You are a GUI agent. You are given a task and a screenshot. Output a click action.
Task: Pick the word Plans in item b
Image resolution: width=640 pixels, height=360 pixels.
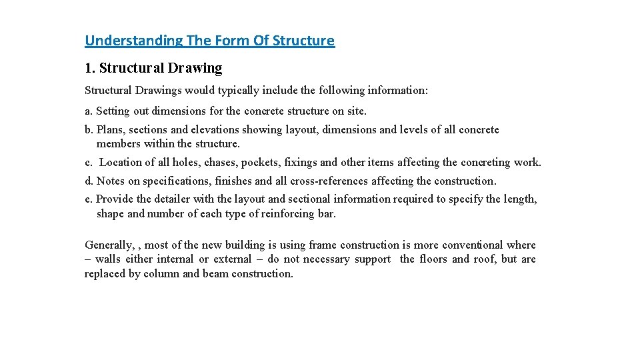pos(111,130)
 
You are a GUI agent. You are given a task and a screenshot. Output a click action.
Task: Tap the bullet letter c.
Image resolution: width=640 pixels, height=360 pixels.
pos(88,162)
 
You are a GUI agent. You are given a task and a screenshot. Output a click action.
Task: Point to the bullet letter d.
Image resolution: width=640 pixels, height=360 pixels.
pos(89,181)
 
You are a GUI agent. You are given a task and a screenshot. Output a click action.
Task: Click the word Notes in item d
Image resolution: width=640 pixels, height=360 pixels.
pos(111,181)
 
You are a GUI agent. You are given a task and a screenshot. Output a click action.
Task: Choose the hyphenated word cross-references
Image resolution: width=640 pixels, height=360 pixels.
pos(329,181)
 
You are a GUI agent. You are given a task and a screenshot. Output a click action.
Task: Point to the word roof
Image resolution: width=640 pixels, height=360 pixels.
pos(482,259)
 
